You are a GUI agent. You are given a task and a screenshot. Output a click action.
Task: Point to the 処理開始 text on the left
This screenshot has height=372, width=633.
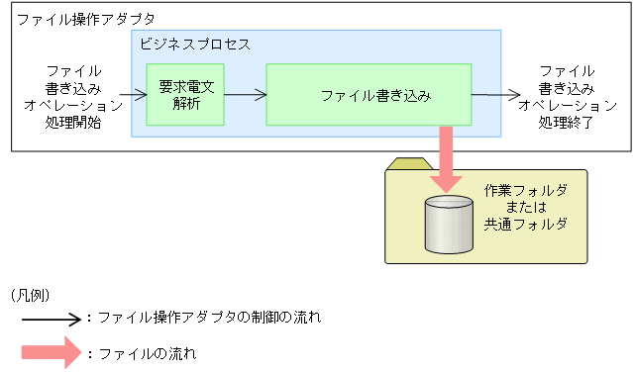pyautogui.click(x=72, y=124)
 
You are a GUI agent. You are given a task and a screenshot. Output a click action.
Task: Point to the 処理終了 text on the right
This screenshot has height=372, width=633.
pyautogui.click(x=567, y=124)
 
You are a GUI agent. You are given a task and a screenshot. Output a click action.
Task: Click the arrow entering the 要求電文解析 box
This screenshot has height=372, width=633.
pyautogui.click(x=132, y=96)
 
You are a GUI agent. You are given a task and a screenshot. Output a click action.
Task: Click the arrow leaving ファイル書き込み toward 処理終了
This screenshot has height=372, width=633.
pyautogui.click(x=495, y=96)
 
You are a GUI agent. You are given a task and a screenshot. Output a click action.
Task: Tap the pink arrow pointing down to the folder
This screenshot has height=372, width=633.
pyautogui.click(x=446, y=156)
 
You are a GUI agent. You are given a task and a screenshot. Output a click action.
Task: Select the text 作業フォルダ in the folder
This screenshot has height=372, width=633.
pyautogui.click(x=524, y=189)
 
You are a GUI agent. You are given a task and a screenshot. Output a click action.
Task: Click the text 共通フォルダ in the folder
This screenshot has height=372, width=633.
pyautogui.click(x=524, y=225)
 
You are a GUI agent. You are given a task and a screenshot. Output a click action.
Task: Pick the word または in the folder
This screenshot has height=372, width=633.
pyautogui.click(x=524, y=207)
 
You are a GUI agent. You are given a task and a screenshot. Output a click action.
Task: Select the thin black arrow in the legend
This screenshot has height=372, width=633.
pyautogui.click(x=53, y=319)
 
